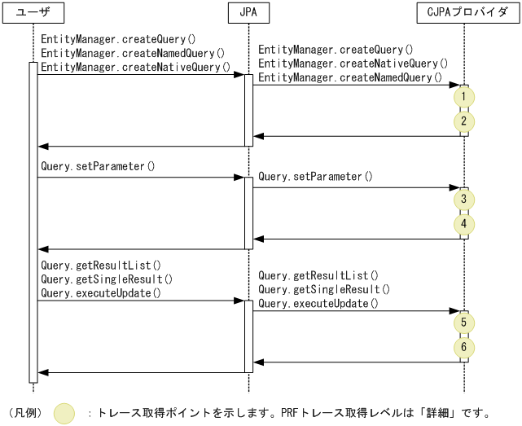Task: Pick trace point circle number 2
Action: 464,121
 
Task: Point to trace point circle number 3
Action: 464,200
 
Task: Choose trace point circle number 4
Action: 464,223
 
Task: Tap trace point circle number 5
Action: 464,323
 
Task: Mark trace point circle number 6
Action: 464,348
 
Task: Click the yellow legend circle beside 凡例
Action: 64,413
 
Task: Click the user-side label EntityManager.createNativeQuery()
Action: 135,67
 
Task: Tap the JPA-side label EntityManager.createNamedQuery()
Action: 350,77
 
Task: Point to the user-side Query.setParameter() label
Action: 98,167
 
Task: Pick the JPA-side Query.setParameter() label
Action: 315,177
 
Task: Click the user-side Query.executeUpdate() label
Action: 100,293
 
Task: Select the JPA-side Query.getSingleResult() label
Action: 324,289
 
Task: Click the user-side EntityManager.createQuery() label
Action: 118,39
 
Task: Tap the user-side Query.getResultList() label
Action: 100,266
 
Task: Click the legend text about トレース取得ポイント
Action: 293,413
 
